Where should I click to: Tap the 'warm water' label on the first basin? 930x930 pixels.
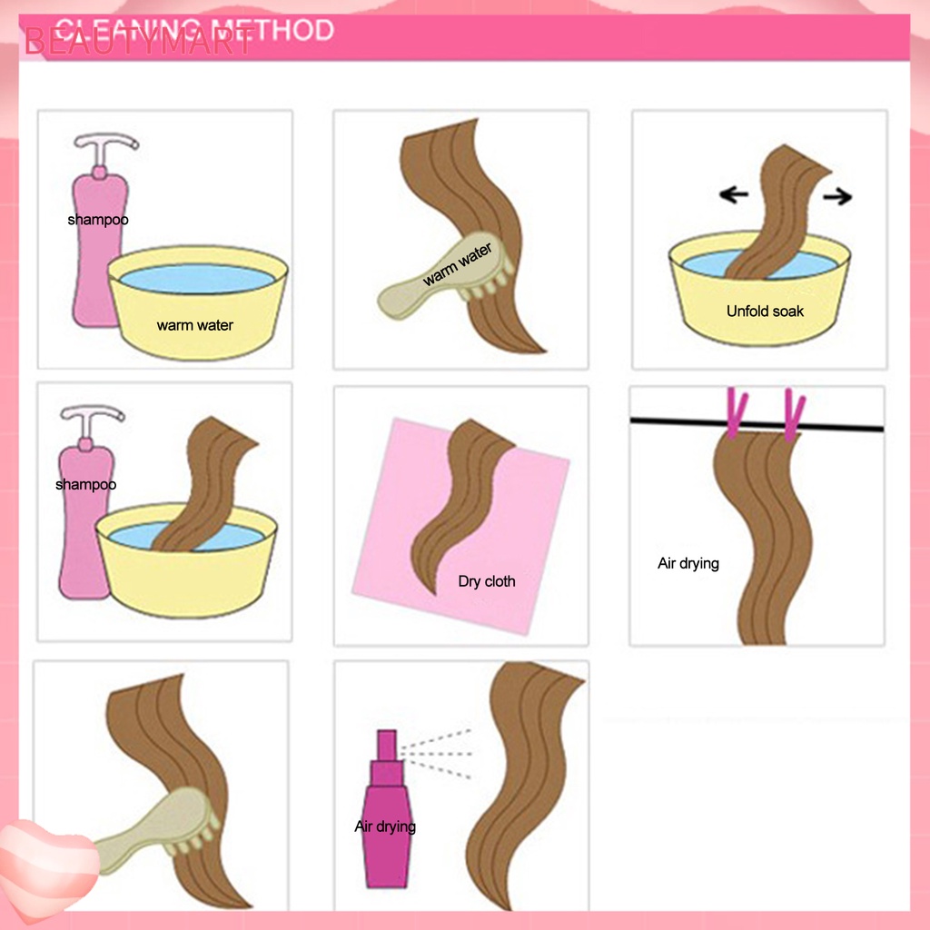pos(194,325)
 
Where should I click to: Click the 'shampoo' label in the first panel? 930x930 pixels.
pos(97,220)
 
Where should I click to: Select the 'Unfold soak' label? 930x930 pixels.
pos(765,312)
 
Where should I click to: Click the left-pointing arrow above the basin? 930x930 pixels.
pos(733,193)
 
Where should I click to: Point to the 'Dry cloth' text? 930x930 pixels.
pos(486,581)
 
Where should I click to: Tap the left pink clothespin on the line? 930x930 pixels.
pos(736,413)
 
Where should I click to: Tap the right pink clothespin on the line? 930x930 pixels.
pos(794,415)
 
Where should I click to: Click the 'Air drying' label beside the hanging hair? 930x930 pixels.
pos(688,563)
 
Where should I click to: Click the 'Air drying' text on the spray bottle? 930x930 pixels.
pos(385,826)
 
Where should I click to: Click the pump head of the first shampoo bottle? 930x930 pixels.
pos(106,143)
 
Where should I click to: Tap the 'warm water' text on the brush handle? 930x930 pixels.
pos(457,264)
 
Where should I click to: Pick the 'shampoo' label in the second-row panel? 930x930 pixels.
pos(85,484)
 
